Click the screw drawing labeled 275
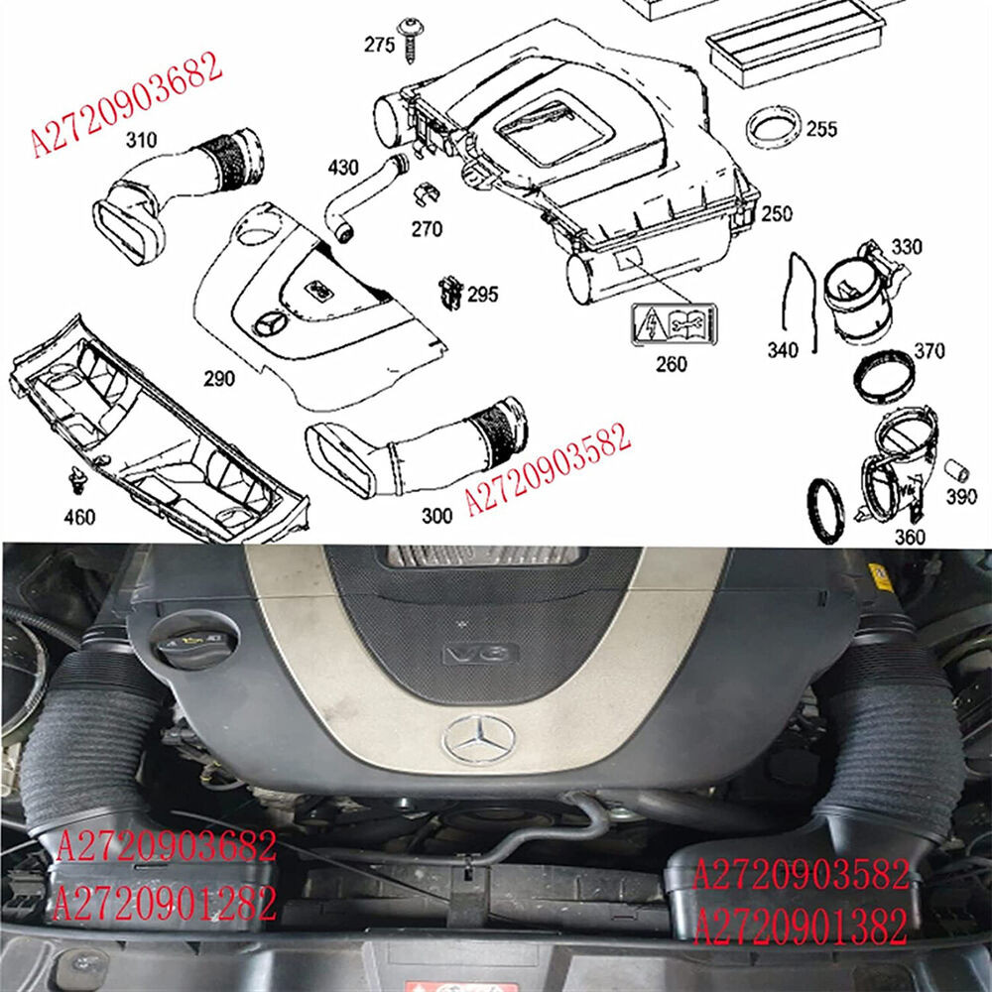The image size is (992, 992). coord(408,36)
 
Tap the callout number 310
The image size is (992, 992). coord(141,142)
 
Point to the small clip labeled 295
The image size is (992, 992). coord(449,292)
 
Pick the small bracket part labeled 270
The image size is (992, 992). coord(426,199)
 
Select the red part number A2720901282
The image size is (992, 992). coord(165,904)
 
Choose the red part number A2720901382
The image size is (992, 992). coord(800,929)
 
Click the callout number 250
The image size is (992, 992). coord(777,214)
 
